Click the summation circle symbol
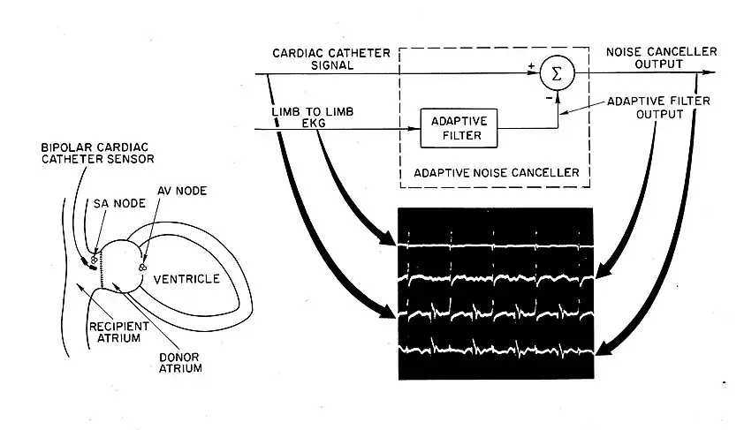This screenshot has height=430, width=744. tap(555, 75)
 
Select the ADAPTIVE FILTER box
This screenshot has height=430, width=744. tap(459, 127)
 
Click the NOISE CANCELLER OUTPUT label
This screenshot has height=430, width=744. tap(661, 57)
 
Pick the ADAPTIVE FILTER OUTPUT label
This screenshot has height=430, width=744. tap(646, 109)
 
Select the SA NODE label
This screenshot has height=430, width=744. tap(114, 203)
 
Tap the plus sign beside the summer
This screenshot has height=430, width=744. tap(530, 66)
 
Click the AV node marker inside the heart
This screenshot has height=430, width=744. tap(141, 263)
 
